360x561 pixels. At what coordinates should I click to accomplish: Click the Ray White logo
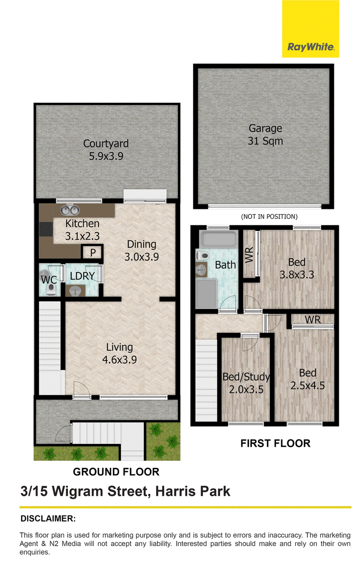pos(310,28)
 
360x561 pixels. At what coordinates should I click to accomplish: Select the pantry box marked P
pos(93,253)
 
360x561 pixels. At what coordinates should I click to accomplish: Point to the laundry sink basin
pos(75,291)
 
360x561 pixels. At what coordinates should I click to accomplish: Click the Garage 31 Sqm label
pos(265,135)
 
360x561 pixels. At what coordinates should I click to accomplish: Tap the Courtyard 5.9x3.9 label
pos(106,150)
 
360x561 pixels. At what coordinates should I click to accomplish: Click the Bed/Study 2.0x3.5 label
pos(246,384)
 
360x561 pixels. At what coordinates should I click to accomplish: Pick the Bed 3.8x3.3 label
pos(297,268)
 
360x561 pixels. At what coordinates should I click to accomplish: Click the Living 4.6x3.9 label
pos(119,353)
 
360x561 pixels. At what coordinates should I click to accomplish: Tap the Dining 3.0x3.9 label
pos(142,250)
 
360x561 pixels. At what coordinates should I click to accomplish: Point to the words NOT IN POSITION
pos(269,217)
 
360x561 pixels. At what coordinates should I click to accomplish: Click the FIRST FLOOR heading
pos(275,443)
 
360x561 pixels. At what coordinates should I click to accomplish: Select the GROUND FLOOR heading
pos(116,472)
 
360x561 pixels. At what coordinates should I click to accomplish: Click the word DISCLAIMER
pos(48,519)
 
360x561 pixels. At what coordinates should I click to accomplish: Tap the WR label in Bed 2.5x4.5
pos(313,320)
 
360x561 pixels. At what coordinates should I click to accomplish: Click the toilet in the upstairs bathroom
pos(202,256)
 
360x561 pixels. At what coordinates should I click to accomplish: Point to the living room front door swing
pos(81,389)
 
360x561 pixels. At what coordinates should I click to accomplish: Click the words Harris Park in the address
pos(193,491)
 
